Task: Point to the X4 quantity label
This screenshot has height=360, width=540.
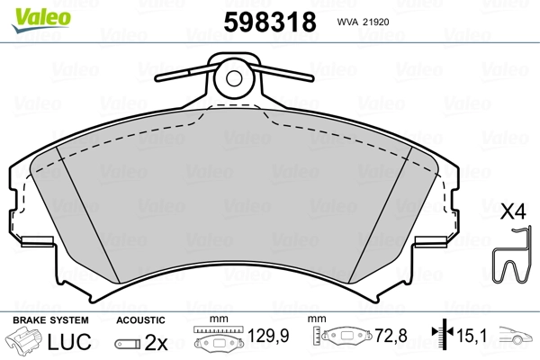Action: coord(513,212)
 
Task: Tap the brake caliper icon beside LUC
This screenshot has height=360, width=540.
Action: coord(25,343)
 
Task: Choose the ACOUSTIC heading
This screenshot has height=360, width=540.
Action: coord(141,320)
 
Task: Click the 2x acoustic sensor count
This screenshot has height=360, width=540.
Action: coord(158,343)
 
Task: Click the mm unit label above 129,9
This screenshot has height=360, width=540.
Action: coord(216,320)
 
